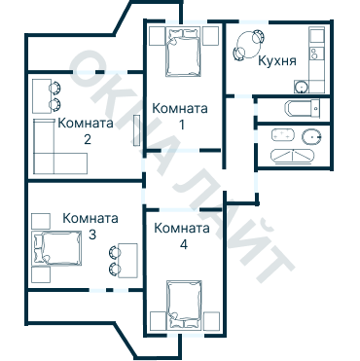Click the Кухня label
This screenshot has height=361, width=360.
pyautogui.click(x=277, y=61)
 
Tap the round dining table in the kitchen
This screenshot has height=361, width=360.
pyautogui.click(x=249, y=45)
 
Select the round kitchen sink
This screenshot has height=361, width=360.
pyautogui.click(x=302, y=87)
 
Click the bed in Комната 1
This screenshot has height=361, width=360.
pyautogui.click(x=182, y=53)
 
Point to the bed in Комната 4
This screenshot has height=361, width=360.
pyautogui.click(x=184, y=305)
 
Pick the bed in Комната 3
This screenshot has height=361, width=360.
pyautogui.click(x=57, y=248)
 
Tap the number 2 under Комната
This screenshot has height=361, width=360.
pyautogui.click(x=88, y=139)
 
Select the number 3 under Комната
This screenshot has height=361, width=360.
pyautogui.click(x=92, y=235)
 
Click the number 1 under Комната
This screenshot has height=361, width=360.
pyautogui.click(x=182, y=125)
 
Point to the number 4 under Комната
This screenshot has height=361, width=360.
pyautogui.click(x=184, y=244)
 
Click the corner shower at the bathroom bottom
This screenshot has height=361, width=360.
pyautogui.click(x=293, y=156)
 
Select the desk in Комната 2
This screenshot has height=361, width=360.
pyautogui.click(x=42, y=95)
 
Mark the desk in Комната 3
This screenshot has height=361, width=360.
pyautogui.click(x=128, y=260)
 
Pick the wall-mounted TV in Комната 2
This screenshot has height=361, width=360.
pyautogui.click(x=136, y=130)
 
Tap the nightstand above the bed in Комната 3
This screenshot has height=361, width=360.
pyautogui.click(x=41, y=221)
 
